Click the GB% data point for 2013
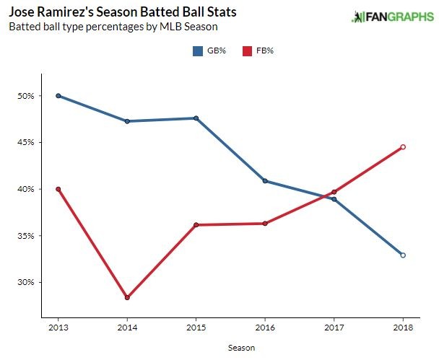58,96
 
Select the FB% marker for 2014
127,297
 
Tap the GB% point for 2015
196,118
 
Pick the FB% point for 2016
265,224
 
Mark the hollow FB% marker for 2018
403,147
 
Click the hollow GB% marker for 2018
403,255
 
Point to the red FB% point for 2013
58,189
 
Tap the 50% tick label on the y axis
25,96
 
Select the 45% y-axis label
25,142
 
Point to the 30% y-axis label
25,282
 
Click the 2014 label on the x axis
127,328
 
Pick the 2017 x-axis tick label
334,328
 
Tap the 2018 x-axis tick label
403,328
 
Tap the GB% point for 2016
265,181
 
